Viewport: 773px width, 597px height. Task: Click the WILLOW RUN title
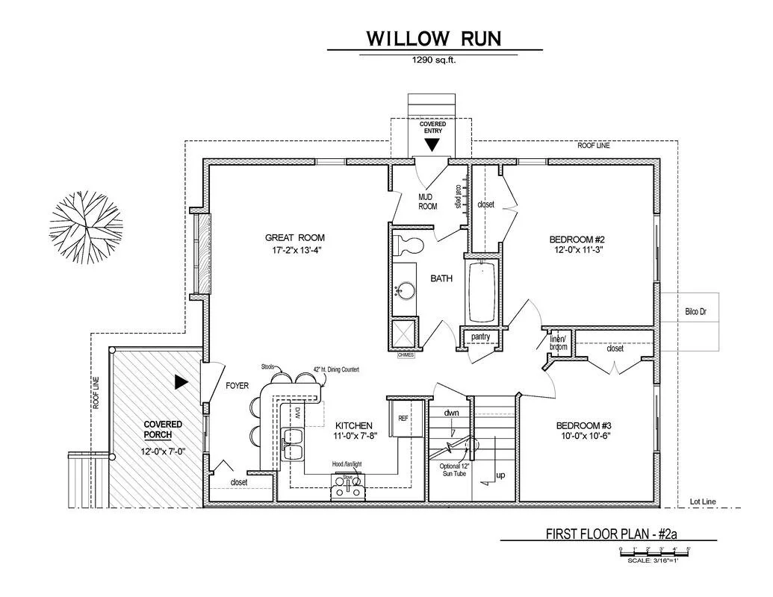[x=433, y=38]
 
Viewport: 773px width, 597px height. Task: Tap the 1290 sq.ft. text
[x=434, y=61]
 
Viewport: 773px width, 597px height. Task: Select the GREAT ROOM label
[x=295, y=238]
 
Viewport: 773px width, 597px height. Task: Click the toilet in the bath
[x=408, y=243]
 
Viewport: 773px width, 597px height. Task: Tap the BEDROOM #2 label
[x=575, y=240]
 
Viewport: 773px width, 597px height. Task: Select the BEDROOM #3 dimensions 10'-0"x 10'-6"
[x=585, y=437]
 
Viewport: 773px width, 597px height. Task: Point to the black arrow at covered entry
[x=432, y=145]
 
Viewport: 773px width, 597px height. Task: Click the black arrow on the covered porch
[x=180, y=382]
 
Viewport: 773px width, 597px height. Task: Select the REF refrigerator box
[x=403, y=418]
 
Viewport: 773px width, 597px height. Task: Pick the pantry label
[x=480, y=337]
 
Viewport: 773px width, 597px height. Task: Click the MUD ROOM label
[x=427, y=201]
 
